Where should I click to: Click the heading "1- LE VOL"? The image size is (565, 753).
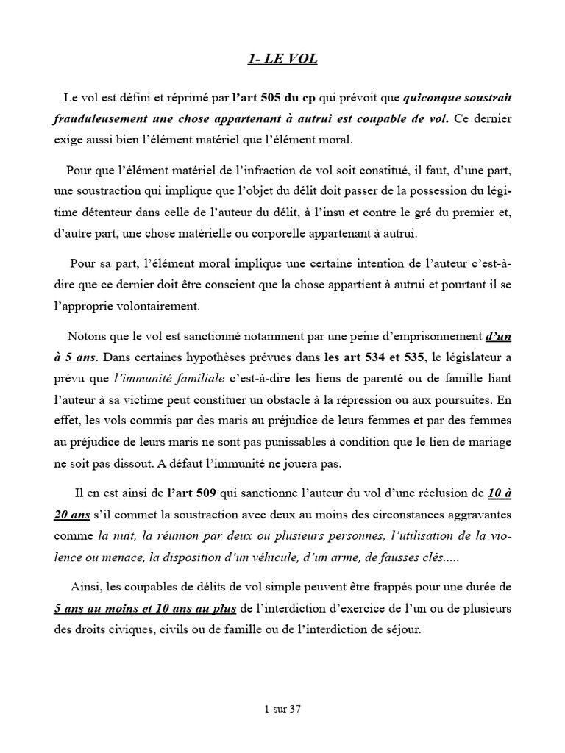[282, 60]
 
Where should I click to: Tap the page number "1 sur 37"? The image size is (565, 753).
[282, 710]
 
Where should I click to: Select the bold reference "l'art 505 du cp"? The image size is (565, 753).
[270, 98]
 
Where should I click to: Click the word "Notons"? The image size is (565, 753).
[88, 338]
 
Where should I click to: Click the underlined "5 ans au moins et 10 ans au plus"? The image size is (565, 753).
[145, 609]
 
